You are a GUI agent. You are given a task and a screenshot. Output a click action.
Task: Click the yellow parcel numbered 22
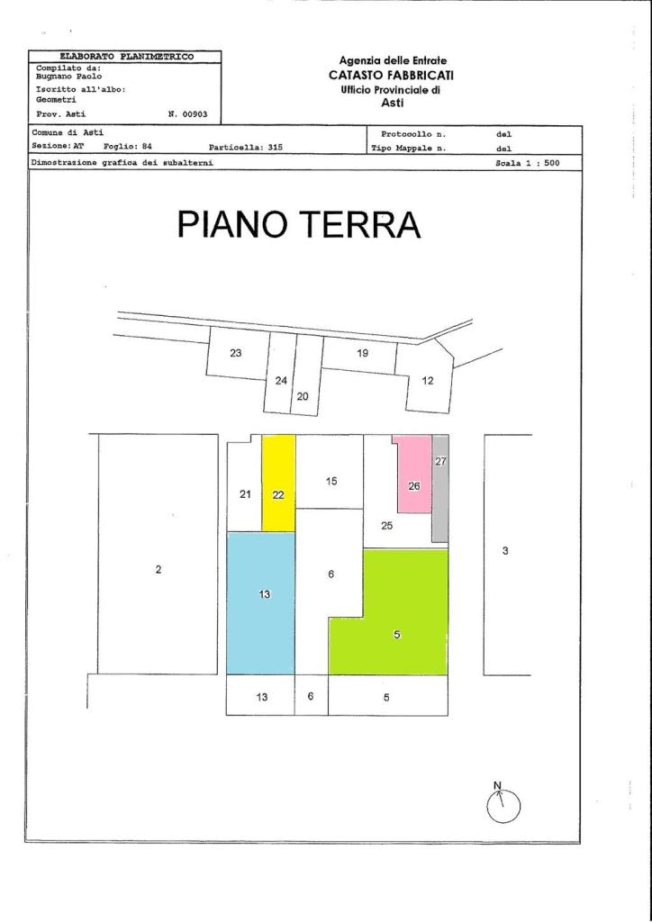[x=278, y=484]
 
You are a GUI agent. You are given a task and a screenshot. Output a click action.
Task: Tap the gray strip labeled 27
[x=440, y=488]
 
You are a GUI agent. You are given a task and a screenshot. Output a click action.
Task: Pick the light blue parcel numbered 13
[x=260, y=602]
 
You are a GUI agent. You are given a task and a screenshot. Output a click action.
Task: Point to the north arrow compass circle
[x=503, y=806]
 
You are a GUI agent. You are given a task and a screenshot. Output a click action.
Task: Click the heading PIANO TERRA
[x=299, y=224]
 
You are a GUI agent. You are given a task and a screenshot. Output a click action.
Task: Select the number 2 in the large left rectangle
[x=158, y=569]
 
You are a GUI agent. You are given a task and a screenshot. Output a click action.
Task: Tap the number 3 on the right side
[x=505, y=551]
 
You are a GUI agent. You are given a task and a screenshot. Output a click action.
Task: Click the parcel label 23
[x=235, y=353]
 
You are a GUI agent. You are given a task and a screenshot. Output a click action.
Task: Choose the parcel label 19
[x=362, y=353]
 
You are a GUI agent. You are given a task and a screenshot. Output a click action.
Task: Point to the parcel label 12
[x=428, y=381]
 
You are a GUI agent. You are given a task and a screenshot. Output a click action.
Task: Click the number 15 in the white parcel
[x=331, y=481]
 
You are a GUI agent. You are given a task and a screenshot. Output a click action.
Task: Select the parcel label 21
[x=246, y=494]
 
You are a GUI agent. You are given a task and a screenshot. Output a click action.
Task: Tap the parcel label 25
[x=386, y=526]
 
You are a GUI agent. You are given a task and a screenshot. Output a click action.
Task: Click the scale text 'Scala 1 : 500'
[x=528, y=164]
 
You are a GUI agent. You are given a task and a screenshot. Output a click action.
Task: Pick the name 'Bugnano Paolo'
[x=68, y=77]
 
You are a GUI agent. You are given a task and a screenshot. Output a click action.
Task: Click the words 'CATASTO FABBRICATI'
[x=391, y=75]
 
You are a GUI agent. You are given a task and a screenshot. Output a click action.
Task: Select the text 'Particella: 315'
[x=246, y=148]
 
